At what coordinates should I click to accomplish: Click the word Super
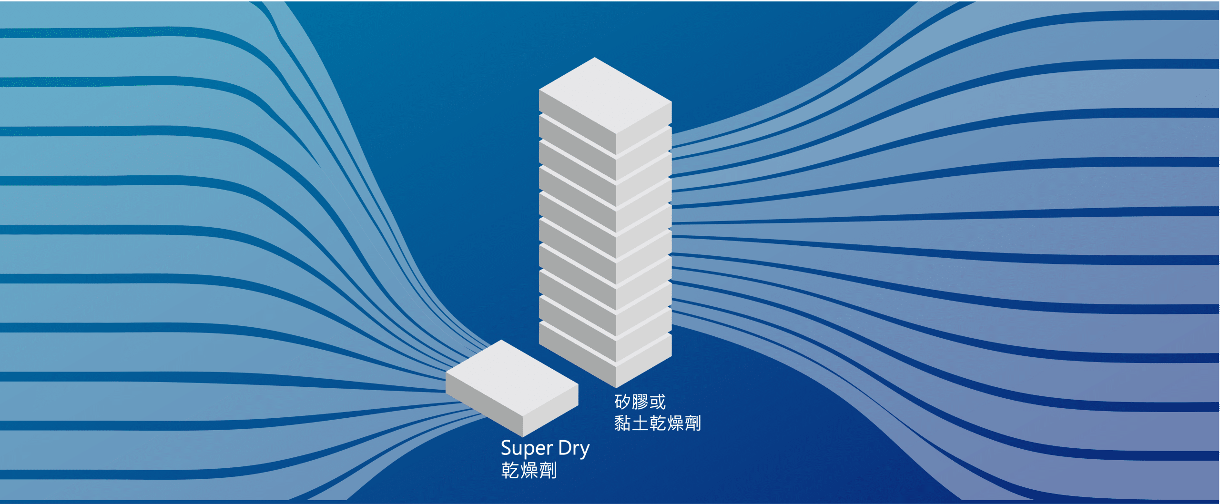526,449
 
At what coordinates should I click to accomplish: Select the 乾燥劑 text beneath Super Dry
529,470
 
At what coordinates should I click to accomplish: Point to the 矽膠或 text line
640,402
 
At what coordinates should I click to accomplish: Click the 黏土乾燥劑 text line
657,423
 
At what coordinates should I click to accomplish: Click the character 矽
622,402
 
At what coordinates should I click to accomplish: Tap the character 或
657,402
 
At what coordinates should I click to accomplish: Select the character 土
640,423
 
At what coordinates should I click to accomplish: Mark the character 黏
622,423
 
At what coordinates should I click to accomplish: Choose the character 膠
640,402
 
